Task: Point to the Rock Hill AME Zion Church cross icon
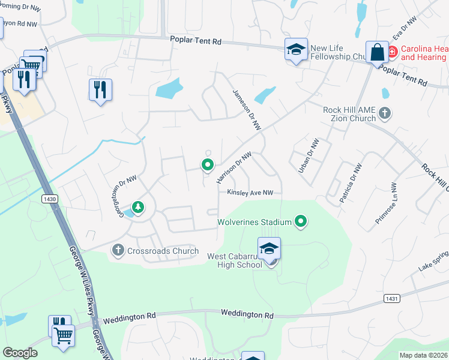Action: pyautogui.click(x=384, y=113)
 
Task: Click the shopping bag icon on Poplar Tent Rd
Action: pyautogui.click(x=378, y=53)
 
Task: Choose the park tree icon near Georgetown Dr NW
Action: pyautogui.click(x=139, y=208)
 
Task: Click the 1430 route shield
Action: pyautogui.click(x=50, y=197)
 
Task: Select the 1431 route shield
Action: pyautogui.click(x=391, y=298)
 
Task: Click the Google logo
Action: pyautogui.click(x=20, y=353)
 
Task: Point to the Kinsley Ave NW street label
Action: pyautogui.click(x=250, y=193)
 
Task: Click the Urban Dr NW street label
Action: pyautogui.click(x=309, y=156)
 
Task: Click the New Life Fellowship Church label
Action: pyautogui.click(x=338, y=53)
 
